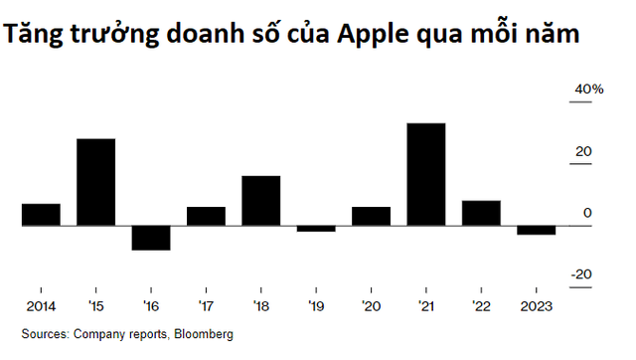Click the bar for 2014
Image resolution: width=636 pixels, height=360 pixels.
(41, 215)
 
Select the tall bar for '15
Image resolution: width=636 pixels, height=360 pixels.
(96, 182)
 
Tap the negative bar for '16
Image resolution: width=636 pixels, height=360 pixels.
(151, 238)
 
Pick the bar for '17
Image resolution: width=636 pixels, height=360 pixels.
(206, 216)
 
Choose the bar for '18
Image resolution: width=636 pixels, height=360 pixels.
(260, 201)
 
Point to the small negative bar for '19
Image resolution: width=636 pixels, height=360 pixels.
(316, 229)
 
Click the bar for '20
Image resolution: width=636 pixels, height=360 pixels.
(371, 216)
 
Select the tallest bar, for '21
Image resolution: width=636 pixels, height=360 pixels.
(426, 174)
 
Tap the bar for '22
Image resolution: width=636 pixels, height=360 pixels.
(481, 213)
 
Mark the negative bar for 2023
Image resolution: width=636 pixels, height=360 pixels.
(537, 231)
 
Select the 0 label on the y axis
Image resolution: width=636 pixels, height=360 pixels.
(587, 213)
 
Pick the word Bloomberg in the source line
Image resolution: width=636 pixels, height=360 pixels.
(202, 335)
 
